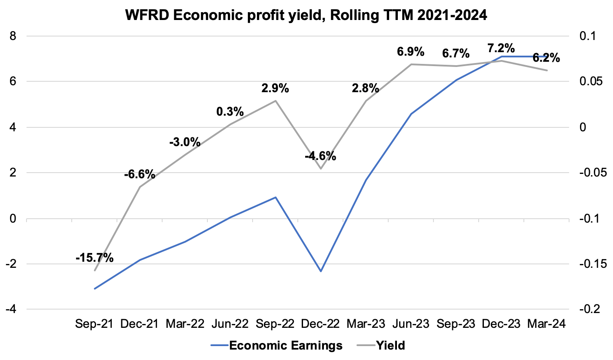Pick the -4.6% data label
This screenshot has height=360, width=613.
(x=320, y=156)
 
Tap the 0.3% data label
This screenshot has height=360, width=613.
(x=230, y=112)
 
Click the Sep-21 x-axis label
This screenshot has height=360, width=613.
(x=94, y=324)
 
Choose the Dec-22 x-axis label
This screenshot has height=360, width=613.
(x=321, y=324)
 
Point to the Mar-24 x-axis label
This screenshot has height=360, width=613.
(x=546, y=324)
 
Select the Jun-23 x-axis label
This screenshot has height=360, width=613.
(x=411, y=324)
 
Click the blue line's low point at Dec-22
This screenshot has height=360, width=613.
(x=321, y=271)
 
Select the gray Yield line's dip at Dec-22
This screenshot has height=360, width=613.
(x=321, y=169)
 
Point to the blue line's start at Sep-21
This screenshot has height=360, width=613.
(x=94, y=289)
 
